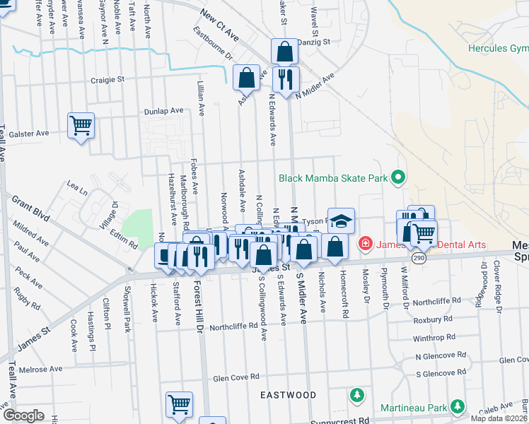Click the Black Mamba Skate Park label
click(x=333, y=178)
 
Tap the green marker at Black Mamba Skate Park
click(x=397, y=177)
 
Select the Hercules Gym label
click(x=498, y=49)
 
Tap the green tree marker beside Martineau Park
click(x=458, y=406)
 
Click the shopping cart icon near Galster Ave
click(x=81, y=126)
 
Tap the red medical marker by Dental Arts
click(x=365, y=245)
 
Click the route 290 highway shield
click(x=419, y=259)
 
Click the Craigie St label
click(x=107, y=81)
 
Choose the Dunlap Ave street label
click(x=163, y=110)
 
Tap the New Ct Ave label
click(x=220, y=24)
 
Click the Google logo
click(x=23, y=416)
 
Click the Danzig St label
click(x=316, y=42)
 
